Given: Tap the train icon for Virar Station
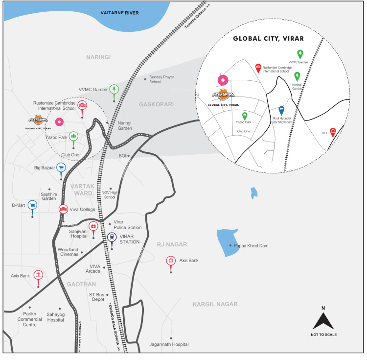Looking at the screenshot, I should click(x=112, y=238).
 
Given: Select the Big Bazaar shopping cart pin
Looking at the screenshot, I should click(x=61, y=168).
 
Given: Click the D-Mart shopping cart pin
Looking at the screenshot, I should click(x=32, y=205).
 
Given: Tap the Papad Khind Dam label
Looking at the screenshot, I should click(x=252, y=245).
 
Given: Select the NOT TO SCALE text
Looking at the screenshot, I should click(x=323, y=335).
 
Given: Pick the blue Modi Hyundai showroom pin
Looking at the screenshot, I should click(x=281, y=111).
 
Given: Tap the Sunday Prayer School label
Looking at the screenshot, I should click(x=161, y=79).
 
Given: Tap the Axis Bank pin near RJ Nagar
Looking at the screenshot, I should click(x=170, y=261).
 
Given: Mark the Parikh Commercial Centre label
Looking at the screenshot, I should click(x=29, y=319).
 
